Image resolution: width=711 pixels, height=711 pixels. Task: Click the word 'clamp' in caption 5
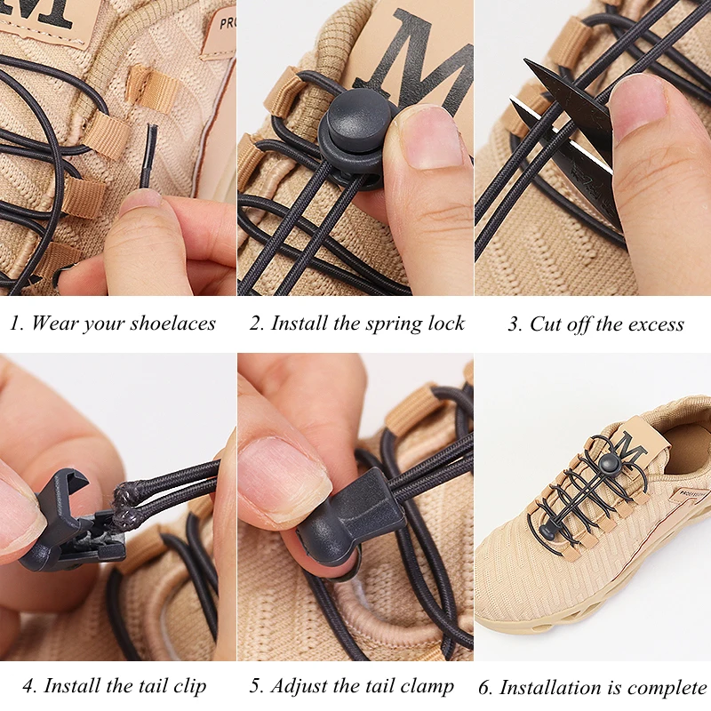[425, 686]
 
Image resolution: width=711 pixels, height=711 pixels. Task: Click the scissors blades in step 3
[569, 133]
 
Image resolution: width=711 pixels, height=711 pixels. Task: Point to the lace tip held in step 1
[150, 156]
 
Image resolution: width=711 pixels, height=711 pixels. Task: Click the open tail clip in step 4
[67, 524]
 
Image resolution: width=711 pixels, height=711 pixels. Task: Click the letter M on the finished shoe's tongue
[632, 444]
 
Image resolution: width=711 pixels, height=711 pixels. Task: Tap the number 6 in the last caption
[484, 688]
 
